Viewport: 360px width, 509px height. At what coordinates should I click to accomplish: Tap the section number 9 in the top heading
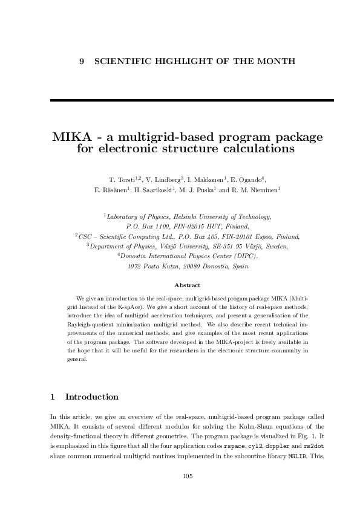(x=82, y=62)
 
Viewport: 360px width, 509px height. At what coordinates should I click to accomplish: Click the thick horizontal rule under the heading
(x=180, y=100)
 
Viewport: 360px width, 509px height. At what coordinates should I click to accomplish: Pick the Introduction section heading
(x=91, y=397)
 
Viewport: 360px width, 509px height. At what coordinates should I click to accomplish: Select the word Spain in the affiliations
(x=239, y=267)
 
